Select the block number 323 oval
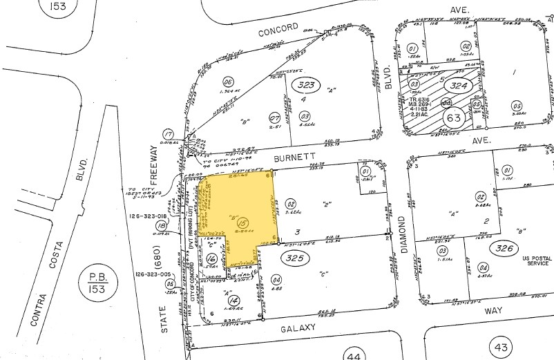(306, 85)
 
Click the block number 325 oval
(294, 257)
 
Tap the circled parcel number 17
(167, 133)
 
